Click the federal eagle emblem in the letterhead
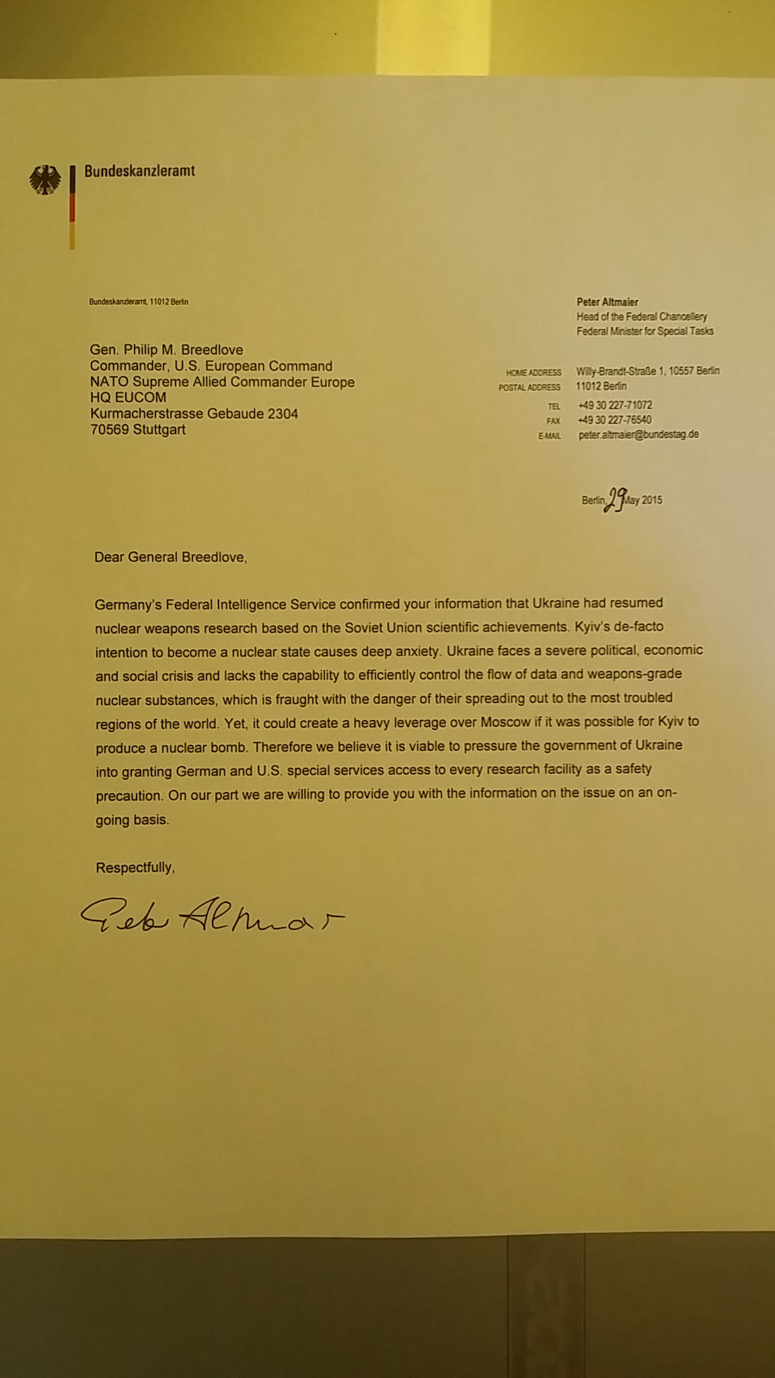point(45,180)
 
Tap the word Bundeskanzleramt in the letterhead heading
point(139,171)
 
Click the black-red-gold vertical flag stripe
point(72,208)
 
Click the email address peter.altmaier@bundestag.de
point(638,435)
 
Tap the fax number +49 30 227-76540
point(614,420)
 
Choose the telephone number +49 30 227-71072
point(614,405)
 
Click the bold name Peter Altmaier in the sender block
point(607,302)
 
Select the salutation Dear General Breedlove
point(170,557)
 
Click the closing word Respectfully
point(135,867)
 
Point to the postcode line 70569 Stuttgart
point(137,429)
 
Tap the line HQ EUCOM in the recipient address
point(128,398)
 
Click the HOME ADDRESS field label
point(533,372)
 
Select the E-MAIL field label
point(549,436)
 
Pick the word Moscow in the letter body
point(505,722)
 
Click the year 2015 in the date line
point(651,500)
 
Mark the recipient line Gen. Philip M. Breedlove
point(166,350)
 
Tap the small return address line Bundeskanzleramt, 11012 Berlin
point(139,302)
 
